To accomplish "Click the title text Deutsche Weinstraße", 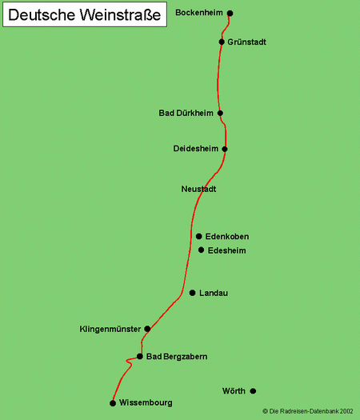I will pyautogui.click(x=86, y=15).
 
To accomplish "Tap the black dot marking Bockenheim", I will pyautogui.click(x=230, y=14).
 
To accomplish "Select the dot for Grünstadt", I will pyautogui.click(x=222, y=42).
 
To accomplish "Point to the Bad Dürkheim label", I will pyautogui.click(x=186, y=114).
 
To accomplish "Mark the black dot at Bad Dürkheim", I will pyautogui.click(x=220, y=114).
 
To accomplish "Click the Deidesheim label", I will pyautogui.click(x=195, y=149).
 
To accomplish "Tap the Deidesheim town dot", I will pyautogui.click(x=225, y=149).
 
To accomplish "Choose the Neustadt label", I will pyautogui.click(x=199, y=190).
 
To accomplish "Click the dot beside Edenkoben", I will pyautogui.click(x=199, y=236).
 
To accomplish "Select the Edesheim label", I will pyautogui.click(x=226, y=250).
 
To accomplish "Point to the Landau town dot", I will pyautogui.click(x=192, y=293).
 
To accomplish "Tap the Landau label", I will pyautogui.click(x=214, y=294).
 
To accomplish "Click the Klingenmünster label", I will pyautogui.click(x=110, y=329).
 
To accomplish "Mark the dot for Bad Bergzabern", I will pyautogui.click(x=140, y=357).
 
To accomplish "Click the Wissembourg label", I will pyautogui.click(x=146, y=403).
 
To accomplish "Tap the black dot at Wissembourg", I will pyautogui.click(x=113, y=403).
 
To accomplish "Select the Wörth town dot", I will pyautogui.click(x=253, y=391).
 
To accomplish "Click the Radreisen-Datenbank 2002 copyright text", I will pyautogui.click(x=307, y=411).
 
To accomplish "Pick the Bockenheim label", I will pyautogui.click(x=198, y=14).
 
